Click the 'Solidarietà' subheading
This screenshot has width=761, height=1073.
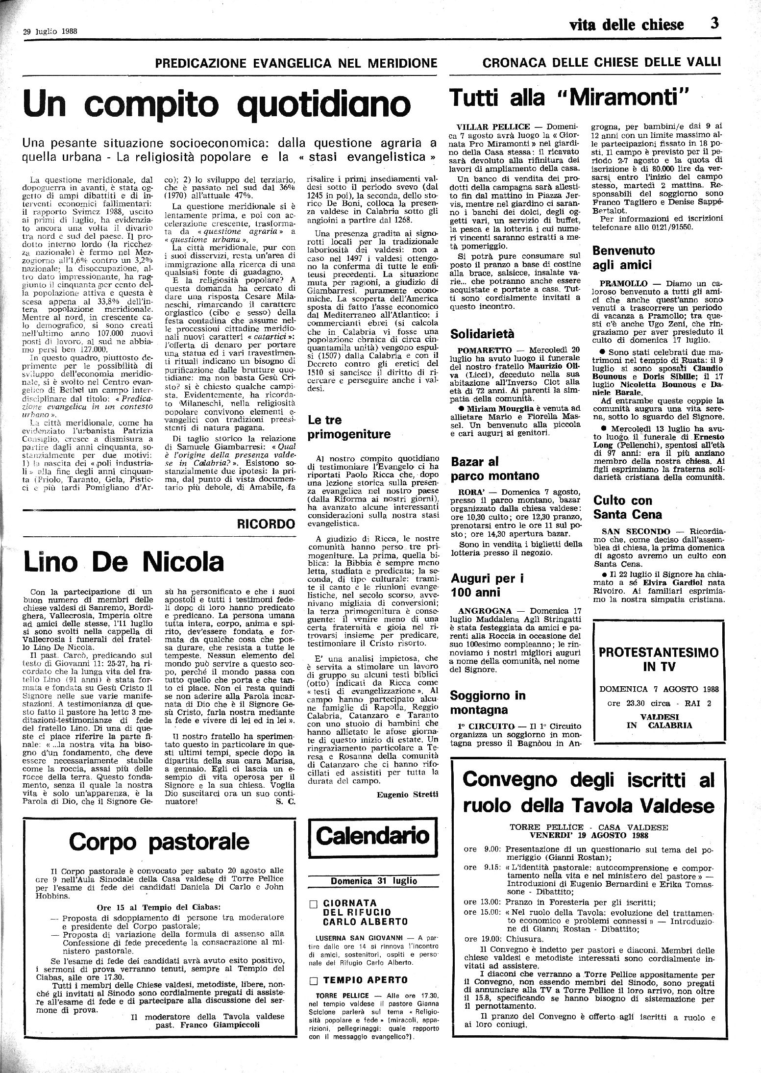tap(482, 334)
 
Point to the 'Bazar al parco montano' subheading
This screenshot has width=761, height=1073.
tap(494, 469)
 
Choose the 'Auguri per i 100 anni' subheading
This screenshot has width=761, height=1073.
tap(487, 585)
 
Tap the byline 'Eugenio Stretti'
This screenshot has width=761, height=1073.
tap(408, 795)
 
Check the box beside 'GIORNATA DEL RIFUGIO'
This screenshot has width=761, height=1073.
tap(315, 903)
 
